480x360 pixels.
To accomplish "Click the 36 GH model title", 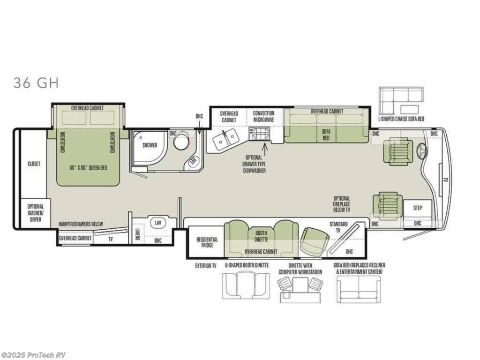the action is coord(36,82).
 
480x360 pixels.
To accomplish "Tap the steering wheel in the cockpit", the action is coord(423,151).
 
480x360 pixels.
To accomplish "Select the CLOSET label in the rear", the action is coord(34,164).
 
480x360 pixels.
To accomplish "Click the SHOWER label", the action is coord(150,145).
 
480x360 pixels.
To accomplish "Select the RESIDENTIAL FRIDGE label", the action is coord(207,242).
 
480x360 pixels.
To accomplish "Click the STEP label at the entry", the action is coord(418,208).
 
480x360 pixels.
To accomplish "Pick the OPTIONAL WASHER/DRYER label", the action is coord(36,213).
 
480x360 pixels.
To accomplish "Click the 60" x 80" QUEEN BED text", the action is coord(88,168).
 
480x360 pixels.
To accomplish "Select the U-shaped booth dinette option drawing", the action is coord(247,286).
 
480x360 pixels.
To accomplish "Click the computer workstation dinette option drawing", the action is coord(300,289).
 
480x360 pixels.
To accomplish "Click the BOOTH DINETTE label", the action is coord(261,236).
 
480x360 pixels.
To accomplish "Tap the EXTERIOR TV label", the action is coord(206,266).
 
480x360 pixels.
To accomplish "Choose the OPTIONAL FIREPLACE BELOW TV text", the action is coord(341,204).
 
